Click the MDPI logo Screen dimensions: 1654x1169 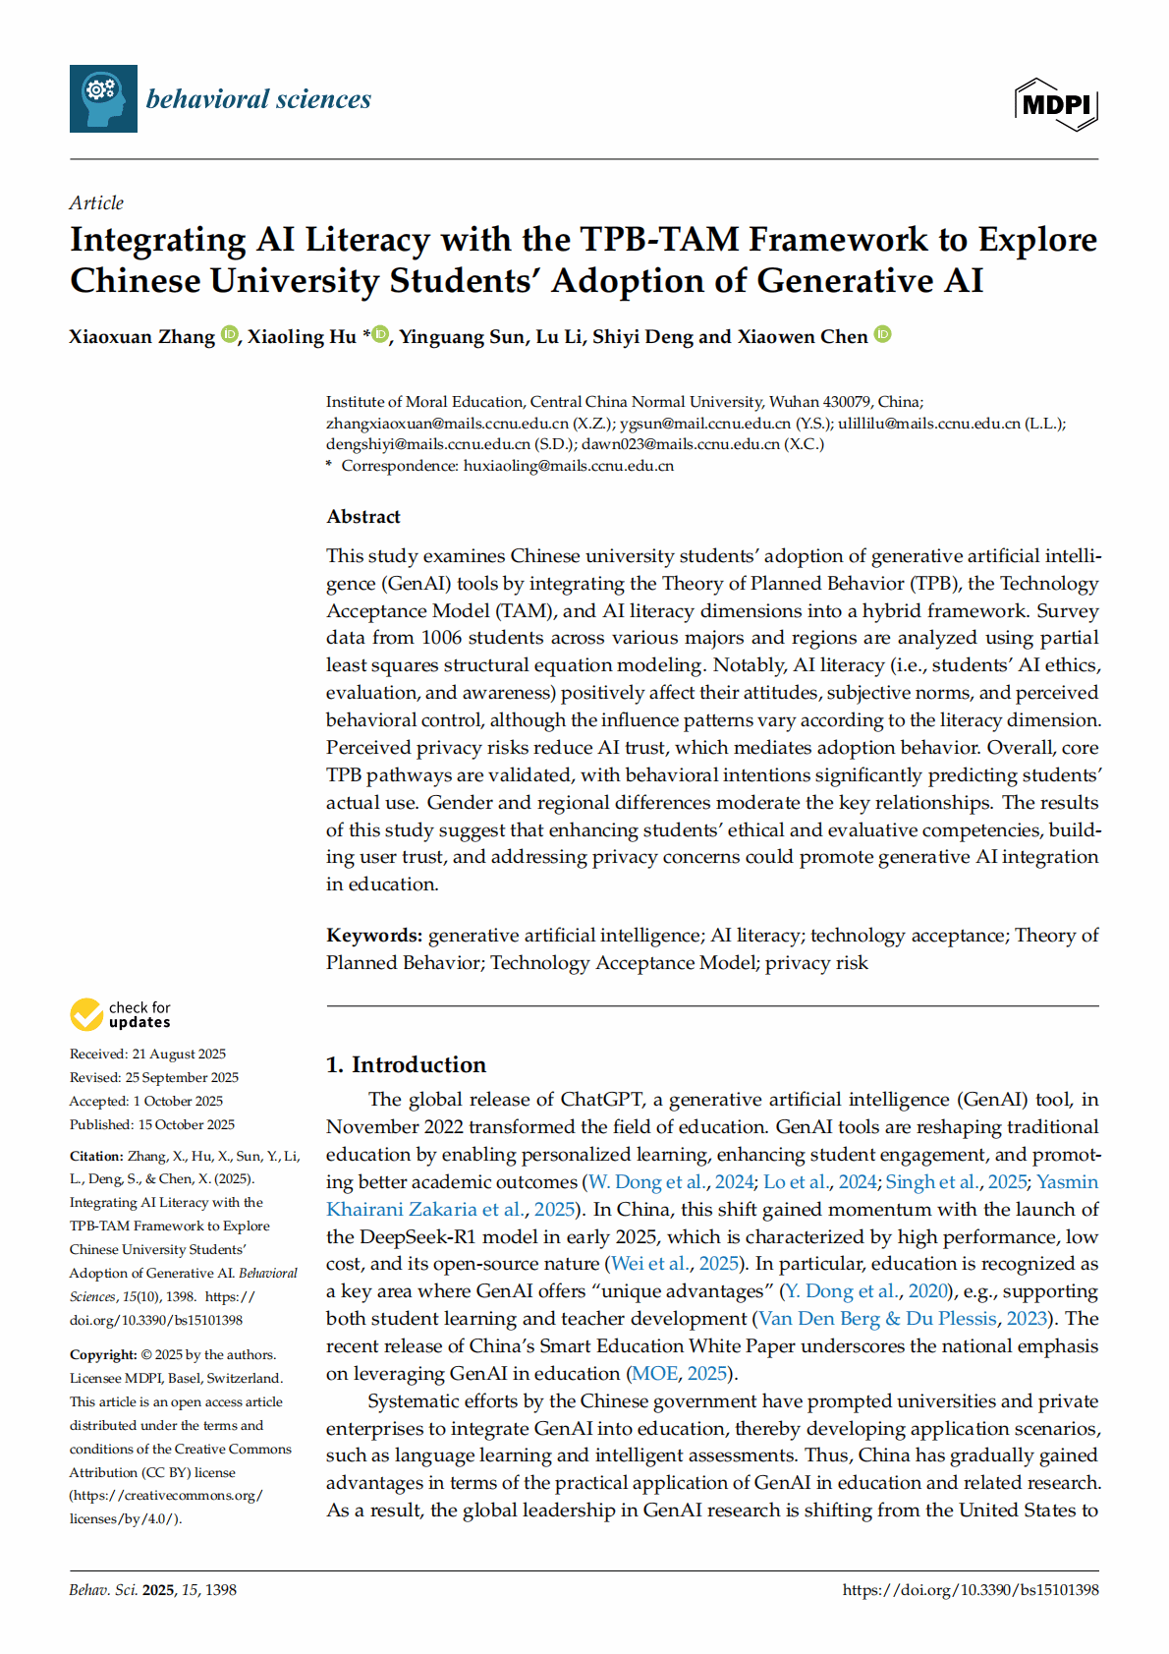click(1055, 103)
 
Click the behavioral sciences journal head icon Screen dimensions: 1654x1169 click(103, 98)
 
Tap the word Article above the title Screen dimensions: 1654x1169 click(96, 203)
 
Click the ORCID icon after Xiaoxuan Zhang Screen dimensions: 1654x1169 click(229, 334)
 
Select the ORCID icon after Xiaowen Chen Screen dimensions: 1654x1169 click(882, 334)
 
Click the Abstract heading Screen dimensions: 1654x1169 click(363, 517)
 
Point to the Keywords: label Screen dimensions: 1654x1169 click(374, 936)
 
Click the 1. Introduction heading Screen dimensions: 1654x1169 click(406, 1065)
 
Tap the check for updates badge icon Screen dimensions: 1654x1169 click(86, 1014)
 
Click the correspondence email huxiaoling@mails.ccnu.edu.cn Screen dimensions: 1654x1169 click(568, 466)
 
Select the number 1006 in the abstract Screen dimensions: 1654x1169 click(441, 638)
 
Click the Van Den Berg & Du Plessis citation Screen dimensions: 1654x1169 click(878, 1319)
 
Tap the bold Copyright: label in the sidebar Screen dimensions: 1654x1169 click(103, 1355)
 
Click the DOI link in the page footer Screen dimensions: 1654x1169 click(970, 1590)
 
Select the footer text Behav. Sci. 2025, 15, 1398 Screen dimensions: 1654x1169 click(152, 1590)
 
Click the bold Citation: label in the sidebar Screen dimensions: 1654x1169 click(96, 1157)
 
